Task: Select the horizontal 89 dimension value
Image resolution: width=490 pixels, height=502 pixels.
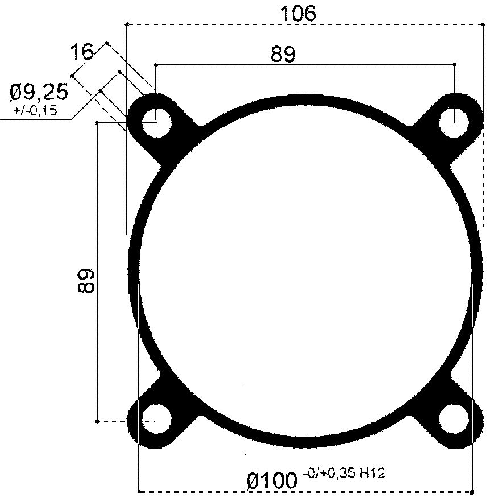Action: [283, 55]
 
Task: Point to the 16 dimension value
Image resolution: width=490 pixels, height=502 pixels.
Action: [81, 52]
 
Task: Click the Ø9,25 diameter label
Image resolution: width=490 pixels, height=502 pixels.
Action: [39, 92]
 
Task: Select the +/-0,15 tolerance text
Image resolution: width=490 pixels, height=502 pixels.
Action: [35, 110]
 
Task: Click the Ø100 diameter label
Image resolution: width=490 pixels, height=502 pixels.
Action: [272, 481]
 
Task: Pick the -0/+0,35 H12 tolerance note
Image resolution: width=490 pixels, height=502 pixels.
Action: [344, 473]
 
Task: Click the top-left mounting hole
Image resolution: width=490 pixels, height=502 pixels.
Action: [156, 122]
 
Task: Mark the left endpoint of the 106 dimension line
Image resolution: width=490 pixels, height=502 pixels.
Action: [126, 24]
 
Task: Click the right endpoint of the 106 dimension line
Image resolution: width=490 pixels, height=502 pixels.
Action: [483, 24]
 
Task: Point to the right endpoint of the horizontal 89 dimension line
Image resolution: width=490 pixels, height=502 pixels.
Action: [455, 65]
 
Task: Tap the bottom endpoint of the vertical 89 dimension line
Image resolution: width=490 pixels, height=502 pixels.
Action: [98, 421]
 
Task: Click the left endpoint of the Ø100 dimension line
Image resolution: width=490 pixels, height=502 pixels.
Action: [139, 491]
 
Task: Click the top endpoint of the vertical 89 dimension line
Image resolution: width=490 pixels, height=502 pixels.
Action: [98, 122]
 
